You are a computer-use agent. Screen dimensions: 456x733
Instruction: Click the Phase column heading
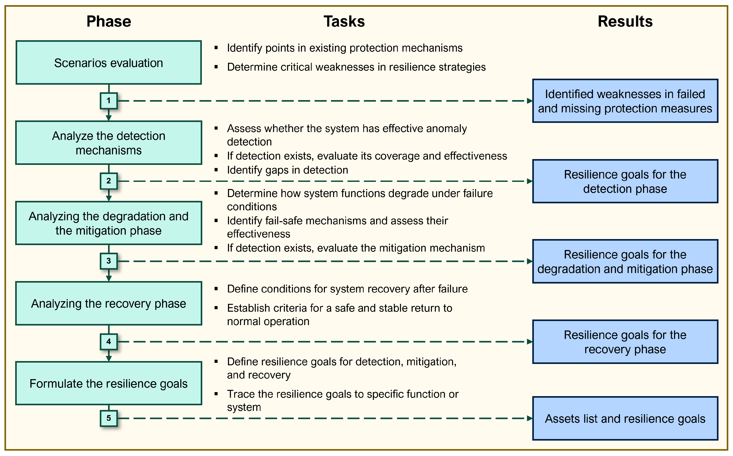pos(109,22)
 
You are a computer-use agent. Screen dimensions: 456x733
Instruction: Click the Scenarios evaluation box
pos(109,63)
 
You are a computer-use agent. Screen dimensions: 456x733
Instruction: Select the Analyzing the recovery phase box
pos(109,303)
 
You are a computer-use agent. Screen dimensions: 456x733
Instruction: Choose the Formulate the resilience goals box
pos(109,383)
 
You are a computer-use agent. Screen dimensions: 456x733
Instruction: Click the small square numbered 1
pos(109,101)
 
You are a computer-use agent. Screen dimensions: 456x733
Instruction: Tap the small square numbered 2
pos(109,181)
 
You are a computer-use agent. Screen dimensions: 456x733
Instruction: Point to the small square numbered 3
pos(109,261)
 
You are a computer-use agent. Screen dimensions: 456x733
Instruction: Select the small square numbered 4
pos(109,342)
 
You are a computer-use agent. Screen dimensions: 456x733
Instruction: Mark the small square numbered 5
pos(109,418)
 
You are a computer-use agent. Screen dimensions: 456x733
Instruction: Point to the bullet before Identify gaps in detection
pos(216,170)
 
